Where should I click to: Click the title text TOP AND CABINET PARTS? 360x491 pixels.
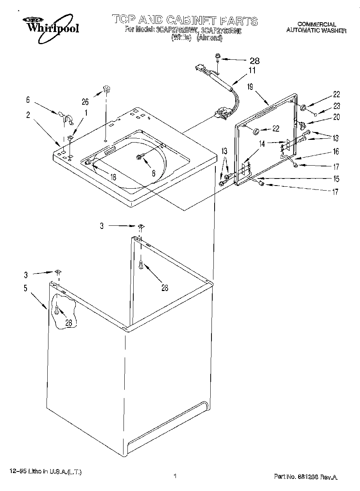[185, 20]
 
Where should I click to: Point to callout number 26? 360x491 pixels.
[85, 102]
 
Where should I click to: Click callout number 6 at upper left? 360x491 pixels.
[28, 100]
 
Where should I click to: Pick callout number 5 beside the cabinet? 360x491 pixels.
[25, 289]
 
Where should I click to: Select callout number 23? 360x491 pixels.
[337, 106]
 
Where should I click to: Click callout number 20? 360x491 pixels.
[336, 116]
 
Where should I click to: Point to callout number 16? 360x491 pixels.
[336, 152]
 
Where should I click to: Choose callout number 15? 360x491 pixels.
[336, 179]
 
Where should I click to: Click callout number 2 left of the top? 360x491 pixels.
[28, 115]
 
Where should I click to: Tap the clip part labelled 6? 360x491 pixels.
[67, 117]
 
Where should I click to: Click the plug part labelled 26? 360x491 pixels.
[106, 89]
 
